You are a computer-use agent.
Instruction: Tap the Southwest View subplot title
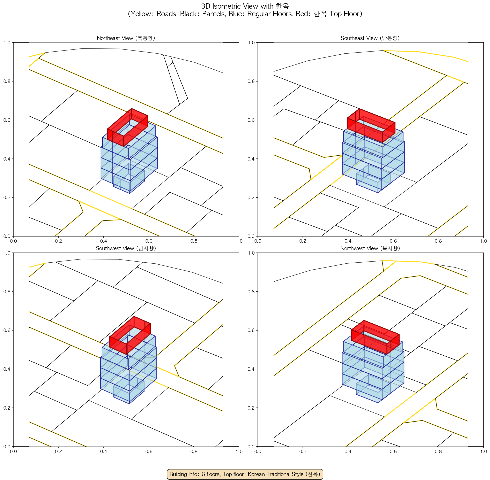point(126,248)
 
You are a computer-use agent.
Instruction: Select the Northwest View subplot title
point(370,248)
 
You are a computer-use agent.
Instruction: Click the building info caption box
point(245,474)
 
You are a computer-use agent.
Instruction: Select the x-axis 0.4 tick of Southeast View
point(348,241)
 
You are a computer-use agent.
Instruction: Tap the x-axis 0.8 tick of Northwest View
point(438,451)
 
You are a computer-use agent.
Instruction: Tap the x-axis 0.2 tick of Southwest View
point(58,451)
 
